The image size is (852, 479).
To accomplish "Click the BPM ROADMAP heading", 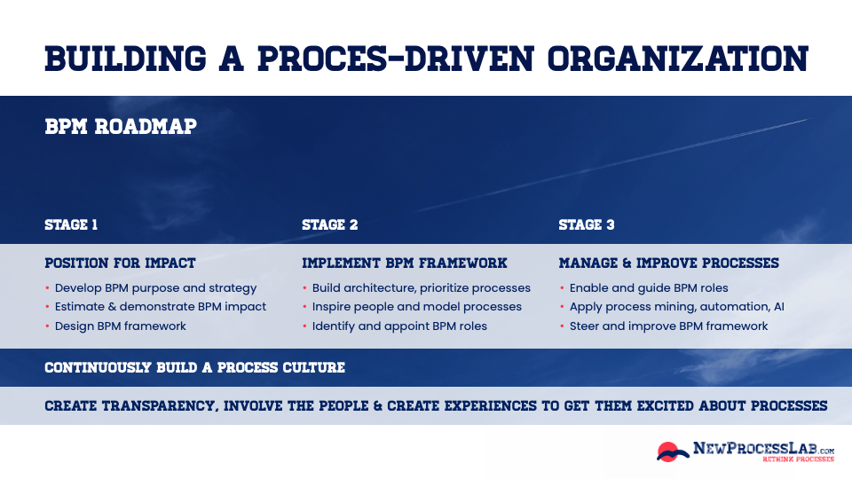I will coord(121,127).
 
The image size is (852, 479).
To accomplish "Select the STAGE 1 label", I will coord(71,225).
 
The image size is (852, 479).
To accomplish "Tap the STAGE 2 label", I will coord(330,225).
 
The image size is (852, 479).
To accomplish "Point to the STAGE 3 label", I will coord(587,225).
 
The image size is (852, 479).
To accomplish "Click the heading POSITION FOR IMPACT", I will coord(120,263).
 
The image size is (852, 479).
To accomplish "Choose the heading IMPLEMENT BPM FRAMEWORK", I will coord(405,263).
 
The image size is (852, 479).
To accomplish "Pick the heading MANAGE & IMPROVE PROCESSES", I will coord(668,263).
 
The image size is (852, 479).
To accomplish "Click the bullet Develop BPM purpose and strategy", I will coord(155,288).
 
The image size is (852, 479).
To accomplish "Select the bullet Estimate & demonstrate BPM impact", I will coord(160,307).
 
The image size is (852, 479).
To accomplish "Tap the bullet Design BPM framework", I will coord(121,326).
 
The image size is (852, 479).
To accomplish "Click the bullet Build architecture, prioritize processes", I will coord(421,288).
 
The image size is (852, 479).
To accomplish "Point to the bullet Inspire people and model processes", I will coord(416,307).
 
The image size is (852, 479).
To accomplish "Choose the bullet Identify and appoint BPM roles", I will coord(399,326).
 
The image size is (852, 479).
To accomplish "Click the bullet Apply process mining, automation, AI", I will coord(676,307).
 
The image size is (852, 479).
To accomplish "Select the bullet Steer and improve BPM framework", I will coord(668,326).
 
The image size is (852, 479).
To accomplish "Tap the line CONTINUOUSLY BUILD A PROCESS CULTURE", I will coord(194,367).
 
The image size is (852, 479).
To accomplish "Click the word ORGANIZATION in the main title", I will coord(678,58).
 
